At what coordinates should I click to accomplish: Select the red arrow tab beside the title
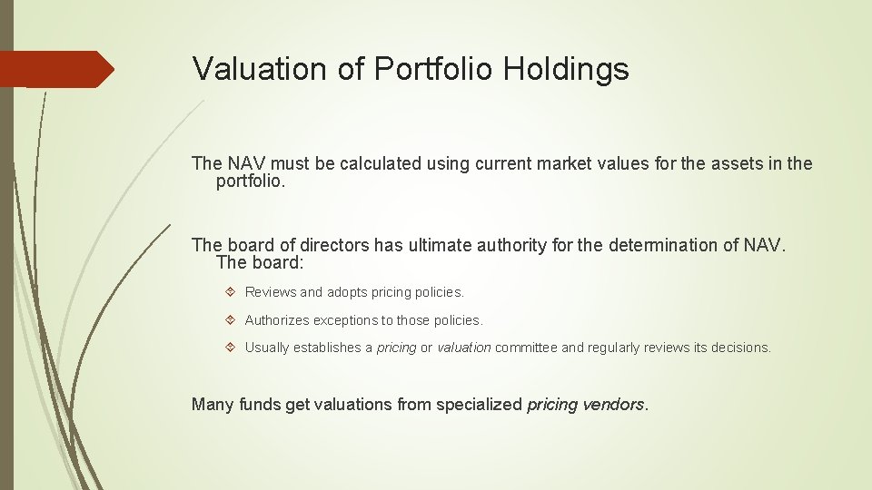[56, 69]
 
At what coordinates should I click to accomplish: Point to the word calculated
[381, 164]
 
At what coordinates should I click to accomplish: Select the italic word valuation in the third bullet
[464, 348]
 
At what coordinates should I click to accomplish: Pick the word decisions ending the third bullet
[739, 348]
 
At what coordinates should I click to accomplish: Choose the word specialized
[479, 404]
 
